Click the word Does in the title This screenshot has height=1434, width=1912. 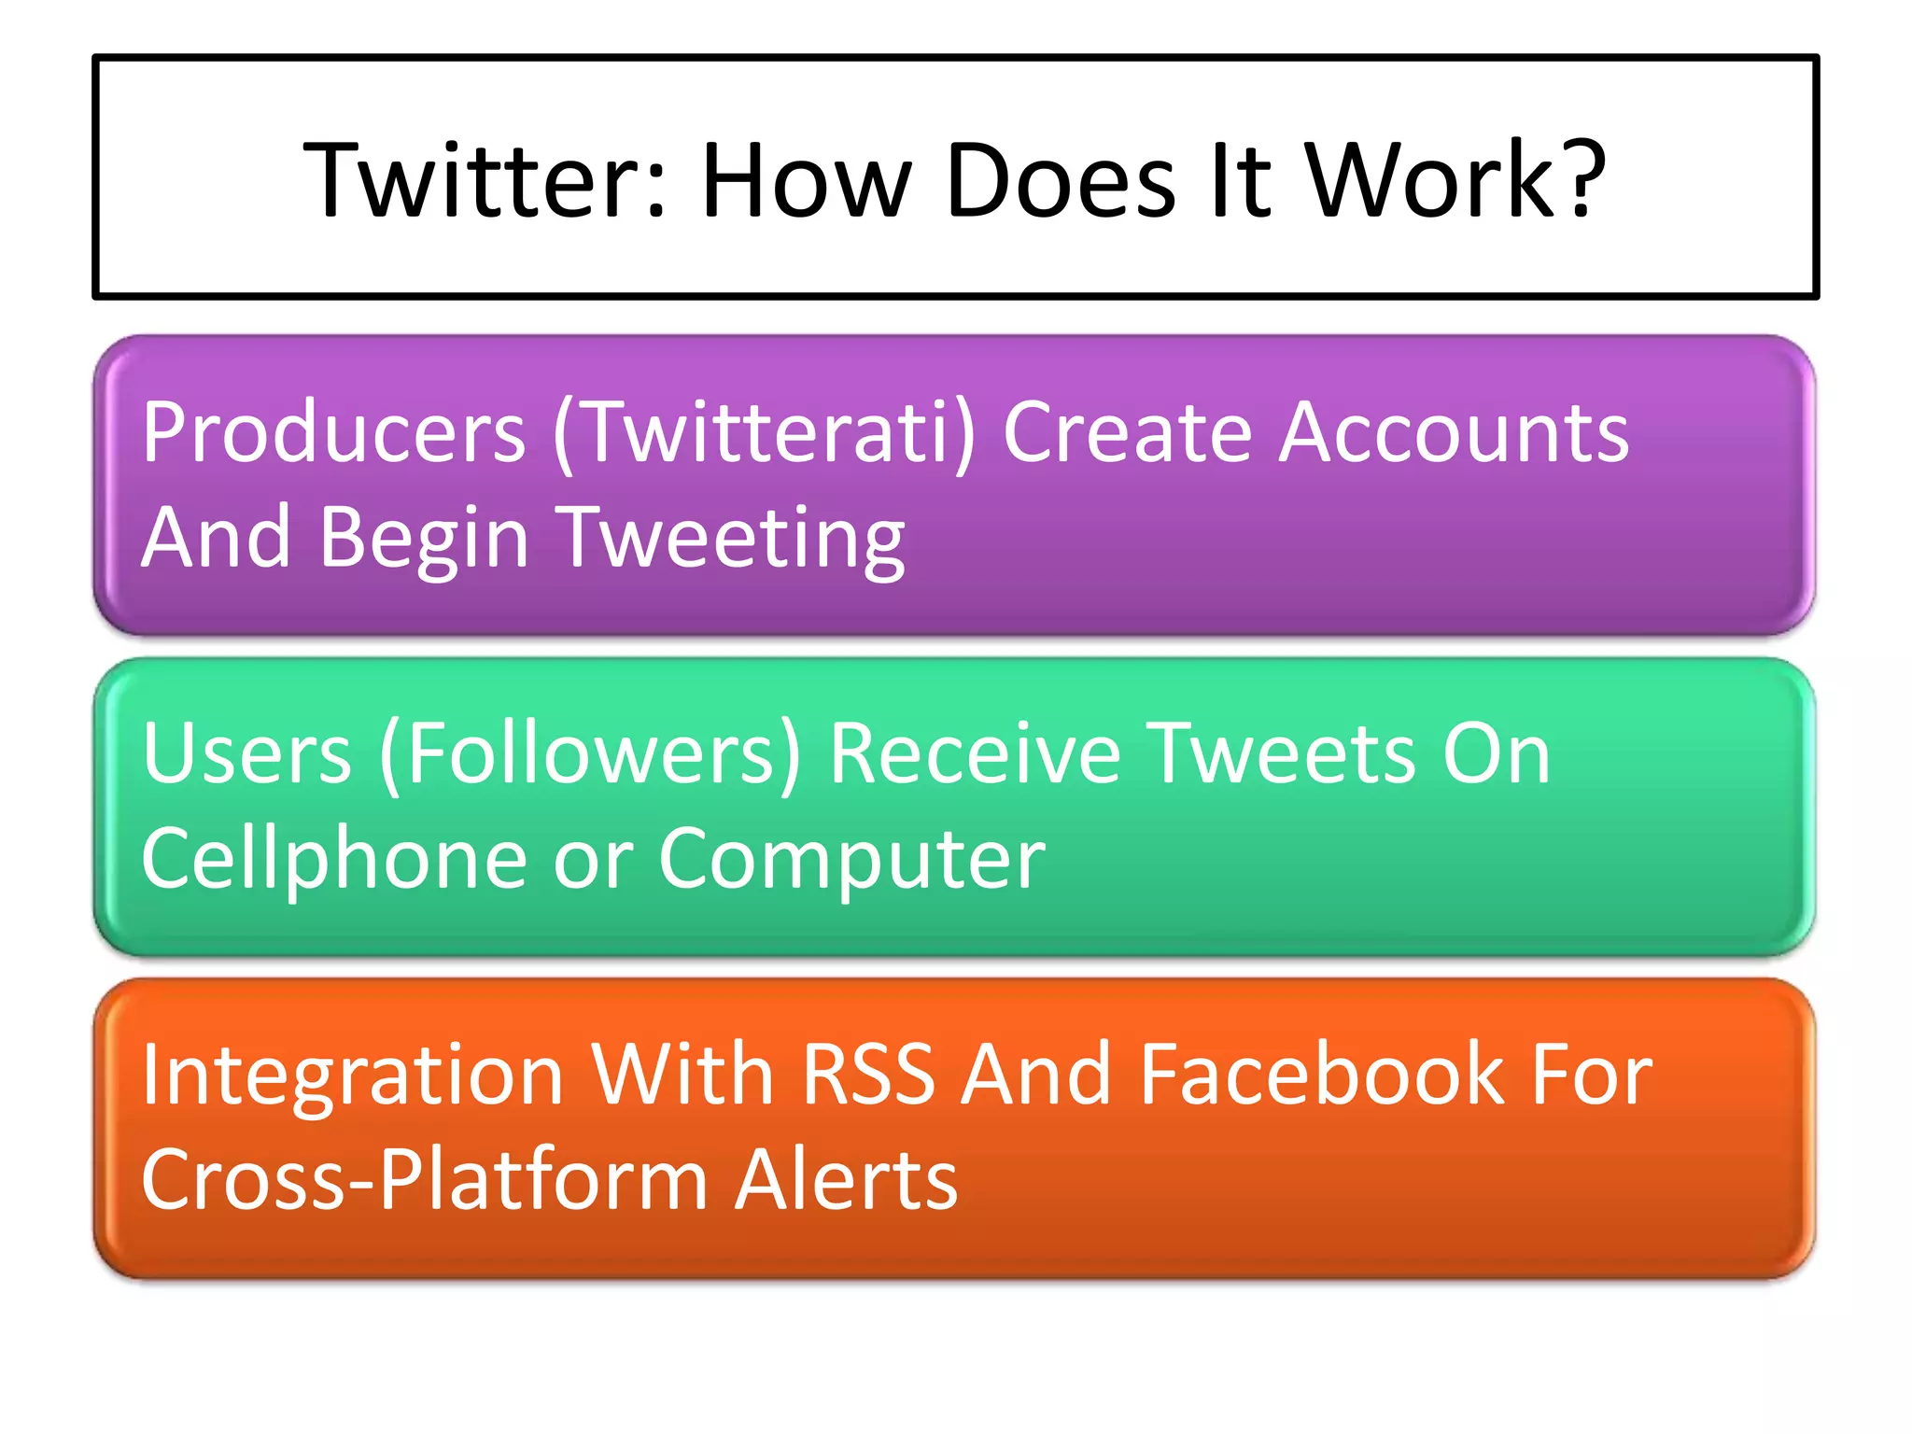1061,179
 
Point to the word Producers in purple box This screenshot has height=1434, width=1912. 334,432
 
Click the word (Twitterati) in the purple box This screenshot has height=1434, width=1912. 764,432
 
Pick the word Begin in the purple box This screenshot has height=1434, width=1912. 425,539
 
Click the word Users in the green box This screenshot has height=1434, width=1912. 246,753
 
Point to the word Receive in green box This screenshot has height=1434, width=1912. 975,753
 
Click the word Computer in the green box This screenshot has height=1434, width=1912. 851,859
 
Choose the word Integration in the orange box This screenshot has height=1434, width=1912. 352,1075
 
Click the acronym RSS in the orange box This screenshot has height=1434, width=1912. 867,1075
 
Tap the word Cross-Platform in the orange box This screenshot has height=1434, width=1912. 425,1180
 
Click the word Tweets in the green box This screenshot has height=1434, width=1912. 1279,753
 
